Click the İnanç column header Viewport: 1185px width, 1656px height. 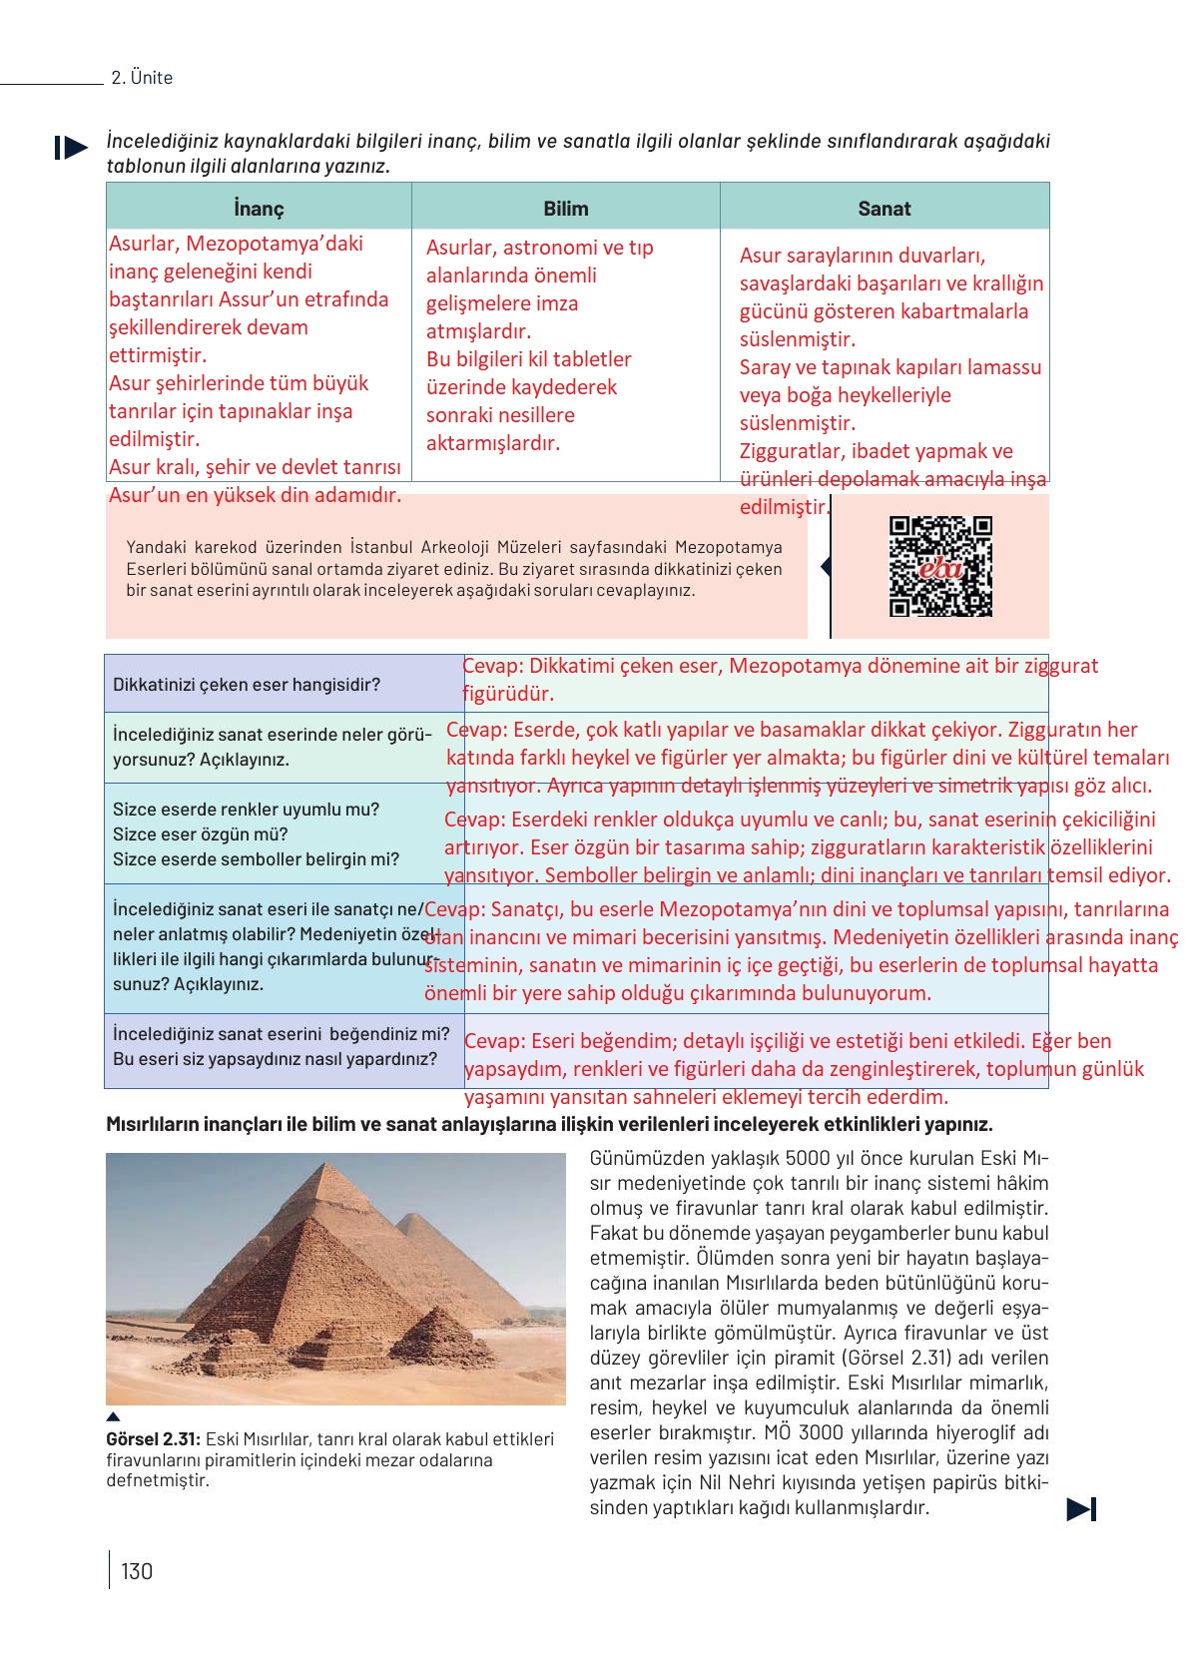[259, 209]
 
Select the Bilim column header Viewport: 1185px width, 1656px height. [565, 209]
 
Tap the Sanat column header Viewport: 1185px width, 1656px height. [884, 209]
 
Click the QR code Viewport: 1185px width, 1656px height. [940, 566]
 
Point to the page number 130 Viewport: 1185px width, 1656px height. [137, 1571]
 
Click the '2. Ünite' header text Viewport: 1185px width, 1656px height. [142, 78]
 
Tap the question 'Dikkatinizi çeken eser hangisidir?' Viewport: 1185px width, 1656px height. [247, 685]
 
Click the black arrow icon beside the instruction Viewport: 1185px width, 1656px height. [71, 148]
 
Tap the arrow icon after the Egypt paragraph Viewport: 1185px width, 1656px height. [1081, 1509]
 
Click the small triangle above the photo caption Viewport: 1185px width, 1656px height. [113, 1416]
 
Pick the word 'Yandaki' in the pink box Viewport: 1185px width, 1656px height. [157, 547]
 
